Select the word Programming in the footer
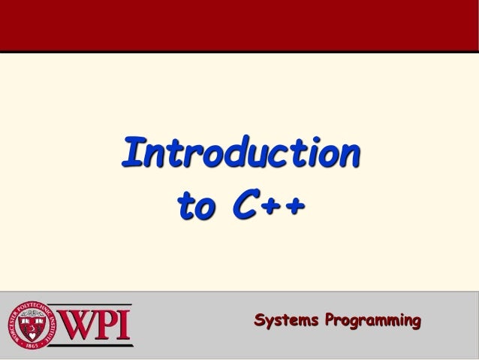pos(370,323)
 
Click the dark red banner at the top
pos(239,25)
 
